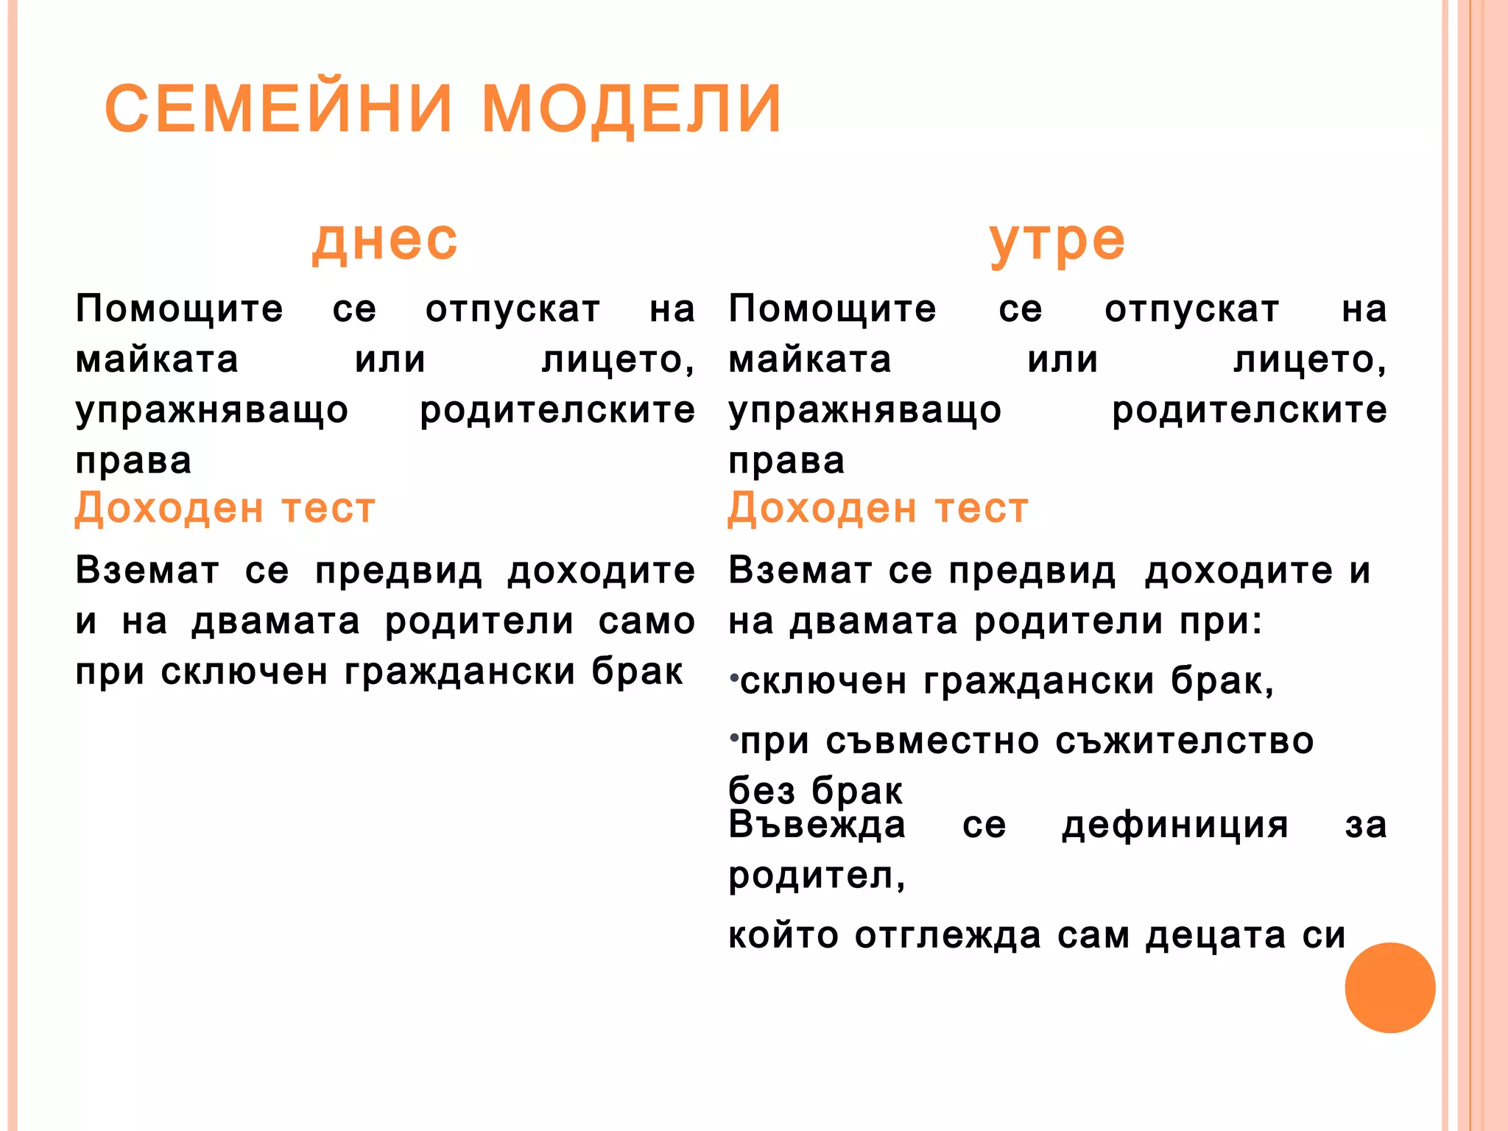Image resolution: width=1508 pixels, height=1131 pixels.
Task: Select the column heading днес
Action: tap(384, 241)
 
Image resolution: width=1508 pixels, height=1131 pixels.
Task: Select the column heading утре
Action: tap(1057, 242)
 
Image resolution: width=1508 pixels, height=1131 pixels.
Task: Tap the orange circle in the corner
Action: tap(1389, 987)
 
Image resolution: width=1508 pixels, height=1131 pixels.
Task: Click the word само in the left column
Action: tap(646, 621)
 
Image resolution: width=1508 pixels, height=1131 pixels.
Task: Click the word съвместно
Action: tap(932, 741)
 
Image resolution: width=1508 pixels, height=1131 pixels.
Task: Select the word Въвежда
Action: tap(817, 825)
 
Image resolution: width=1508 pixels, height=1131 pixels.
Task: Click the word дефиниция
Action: tap(1174, 826)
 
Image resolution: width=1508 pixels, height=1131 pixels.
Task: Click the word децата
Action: tap(1215, 937)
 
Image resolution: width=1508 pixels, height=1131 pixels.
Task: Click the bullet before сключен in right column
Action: tap(733, 676)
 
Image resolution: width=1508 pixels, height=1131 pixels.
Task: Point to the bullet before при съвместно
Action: tap(733, 736)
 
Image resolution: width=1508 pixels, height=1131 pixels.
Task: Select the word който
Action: tap(783, 937)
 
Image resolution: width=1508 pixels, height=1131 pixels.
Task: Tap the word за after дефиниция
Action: tap(1365, 826)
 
